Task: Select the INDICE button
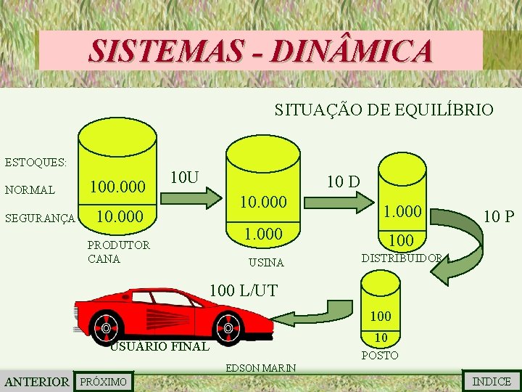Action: point(491,381)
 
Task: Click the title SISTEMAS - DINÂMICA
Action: point(261,51)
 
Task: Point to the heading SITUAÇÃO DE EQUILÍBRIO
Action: point(384,110)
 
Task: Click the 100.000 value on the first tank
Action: point(118,188)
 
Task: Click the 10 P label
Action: point(500,216)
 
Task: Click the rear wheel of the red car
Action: point(229,328)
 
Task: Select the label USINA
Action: point(266,262)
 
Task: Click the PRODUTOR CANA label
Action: point(118,251)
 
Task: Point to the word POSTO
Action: point(380,356)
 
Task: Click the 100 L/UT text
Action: point(243,291)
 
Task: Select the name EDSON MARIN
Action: point(260,368)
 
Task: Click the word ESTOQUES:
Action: point(36,161)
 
